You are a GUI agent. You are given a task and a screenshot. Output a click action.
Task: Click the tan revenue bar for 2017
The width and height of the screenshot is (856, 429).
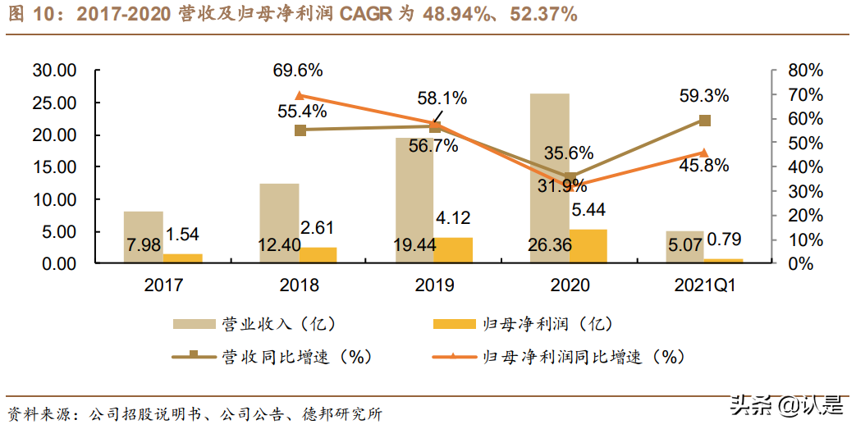[144, 237]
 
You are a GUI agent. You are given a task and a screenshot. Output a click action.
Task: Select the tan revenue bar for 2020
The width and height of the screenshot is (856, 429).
[550, 178]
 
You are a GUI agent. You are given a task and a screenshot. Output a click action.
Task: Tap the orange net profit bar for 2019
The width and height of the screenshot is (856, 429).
[453, 250]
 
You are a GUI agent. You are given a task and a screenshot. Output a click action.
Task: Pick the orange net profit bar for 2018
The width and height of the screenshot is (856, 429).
[318, 255]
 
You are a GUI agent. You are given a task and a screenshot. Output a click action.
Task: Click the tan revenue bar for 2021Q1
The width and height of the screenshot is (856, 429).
[684, 247]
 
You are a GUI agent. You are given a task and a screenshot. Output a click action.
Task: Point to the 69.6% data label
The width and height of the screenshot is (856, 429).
[299, 70]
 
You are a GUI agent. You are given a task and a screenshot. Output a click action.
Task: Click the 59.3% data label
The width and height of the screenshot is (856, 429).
[703, 96]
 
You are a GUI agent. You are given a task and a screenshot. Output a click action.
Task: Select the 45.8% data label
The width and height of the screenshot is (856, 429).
[703, 165]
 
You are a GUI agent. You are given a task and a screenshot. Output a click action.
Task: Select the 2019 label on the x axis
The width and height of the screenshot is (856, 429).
[434, 285]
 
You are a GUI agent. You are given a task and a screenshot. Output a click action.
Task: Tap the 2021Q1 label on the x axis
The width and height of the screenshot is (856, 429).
[703, 285]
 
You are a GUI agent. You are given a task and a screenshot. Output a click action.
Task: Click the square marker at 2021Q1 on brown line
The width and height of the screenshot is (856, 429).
[704, 121]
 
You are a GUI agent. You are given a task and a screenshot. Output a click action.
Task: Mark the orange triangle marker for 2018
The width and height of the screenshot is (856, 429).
[300, 96]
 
